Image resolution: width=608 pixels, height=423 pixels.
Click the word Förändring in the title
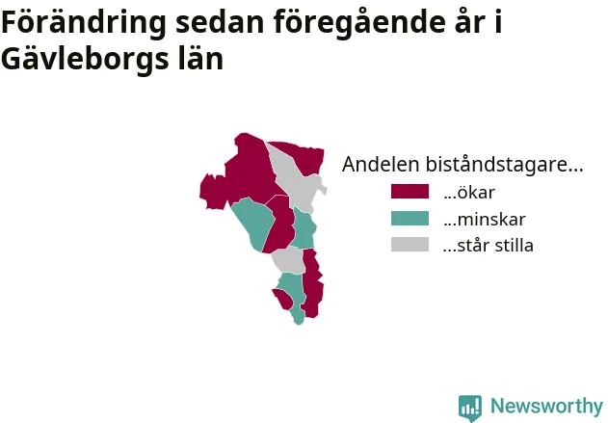tap(84, 23)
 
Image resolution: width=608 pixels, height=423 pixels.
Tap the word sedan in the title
tap(221, 23)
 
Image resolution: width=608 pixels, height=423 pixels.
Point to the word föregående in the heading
tap(358, 23)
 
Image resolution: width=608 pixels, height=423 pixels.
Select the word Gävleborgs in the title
tap(85, 59)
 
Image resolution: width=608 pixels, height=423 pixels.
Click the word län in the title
tap(200, 58)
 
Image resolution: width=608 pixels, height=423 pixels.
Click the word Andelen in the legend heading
tap(382, 164)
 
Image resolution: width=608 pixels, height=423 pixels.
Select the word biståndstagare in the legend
tap(505, 165)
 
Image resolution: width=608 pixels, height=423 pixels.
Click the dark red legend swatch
tap(410, 192)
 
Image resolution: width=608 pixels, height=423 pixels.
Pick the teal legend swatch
tap(410, 219)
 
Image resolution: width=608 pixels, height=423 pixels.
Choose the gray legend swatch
tap(410, 245)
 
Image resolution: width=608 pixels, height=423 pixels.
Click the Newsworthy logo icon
tap(470, 408)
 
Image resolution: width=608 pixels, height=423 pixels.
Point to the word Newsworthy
tap(546, 407)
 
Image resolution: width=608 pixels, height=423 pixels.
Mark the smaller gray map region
tap(289, 260)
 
